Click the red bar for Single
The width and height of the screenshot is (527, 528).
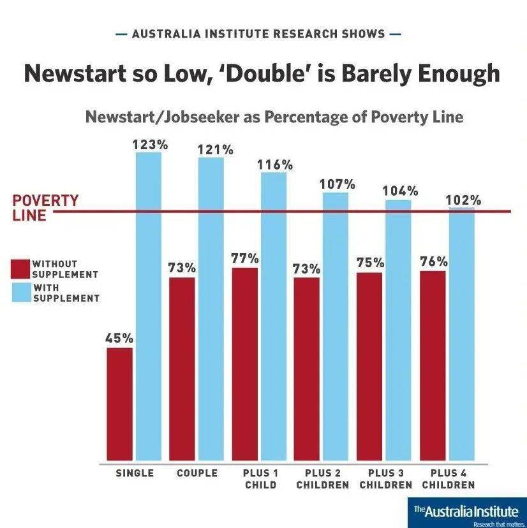(x=120, y=404)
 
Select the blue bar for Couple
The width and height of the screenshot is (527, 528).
(x=211, y=309)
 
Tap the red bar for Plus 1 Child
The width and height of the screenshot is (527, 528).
(x=245, y=363)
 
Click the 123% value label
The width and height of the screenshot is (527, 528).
(x=150, y=145)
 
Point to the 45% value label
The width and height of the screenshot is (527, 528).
(x=119, y=338)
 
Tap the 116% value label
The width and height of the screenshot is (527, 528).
(x=275, y=165)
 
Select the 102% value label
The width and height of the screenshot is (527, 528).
(x=463, y=200)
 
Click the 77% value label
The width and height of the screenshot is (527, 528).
(x=245, y=258)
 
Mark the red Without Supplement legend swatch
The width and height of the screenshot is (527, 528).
(x=22, y=268)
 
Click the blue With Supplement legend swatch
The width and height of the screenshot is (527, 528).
(x=22, y=292)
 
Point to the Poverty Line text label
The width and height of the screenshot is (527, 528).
(x=37, y=208)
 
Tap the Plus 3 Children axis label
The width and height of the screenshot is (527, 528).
(x=385, y=479)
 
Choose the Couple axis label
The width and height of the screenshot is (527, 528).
(x=197, y=473)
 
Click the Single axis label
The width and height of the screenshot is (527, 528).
(x=135, y=473)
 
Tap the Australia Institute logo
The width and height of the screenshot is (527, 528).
(x=468, y=513)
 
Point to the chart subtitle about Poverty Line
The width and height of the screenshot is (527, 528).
(x=274, y=117)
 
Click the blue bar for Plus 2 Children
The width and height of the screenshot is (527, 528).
(x=336, y=326)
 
